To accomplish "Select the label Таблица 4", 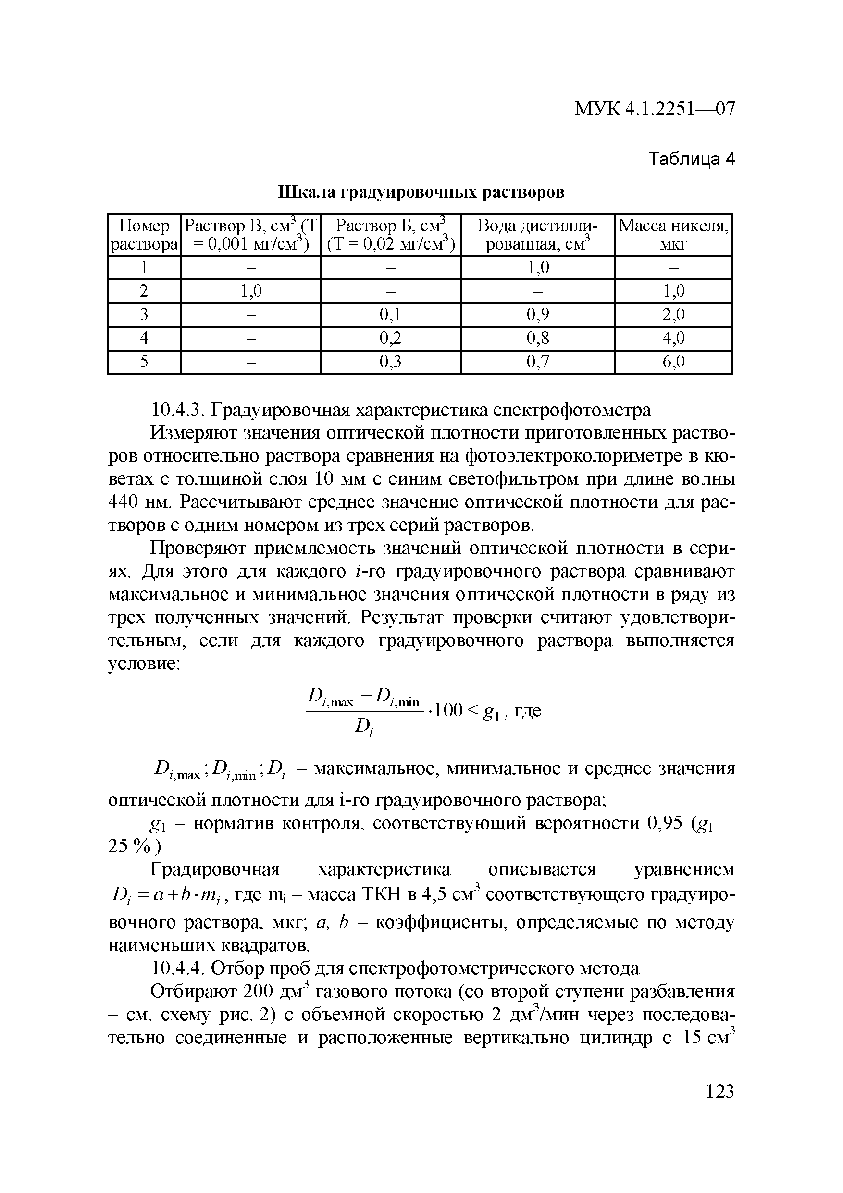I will pyautogui.click(x=692, y=159).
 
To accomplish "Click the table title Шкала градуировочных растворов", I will pyautogui.click(x=421, y=192).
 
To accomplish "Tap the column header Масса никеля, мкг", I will pyautogui.click(x=673, y=235).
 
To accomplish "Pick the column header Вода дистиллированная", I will pyautogui.click(x=538, y=235).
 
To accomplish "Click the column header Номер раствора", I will pyautogui.click(x=144, y=235).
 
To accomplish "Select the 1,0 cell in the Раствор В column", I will pyautogui.click(x=251, y=291).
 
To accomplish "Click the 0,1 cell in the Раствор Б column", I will pyautogui.click(x=391, y=314).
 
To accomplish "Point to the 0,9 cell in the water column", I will pyautogui.click(x=538, y=314).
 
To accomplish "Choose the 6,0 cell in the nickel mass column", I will pyautogui.click(x=673, y=362).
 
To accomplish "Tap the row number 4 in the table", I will pyautogui.click(x=144, y=338).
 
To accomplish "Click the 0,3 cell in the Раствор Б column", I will pyautogui.click(x=391, y=362).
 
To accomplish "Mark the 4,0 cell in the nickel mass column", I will pyautogui.click(x=673, y=338).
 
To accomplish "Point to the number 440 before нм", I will pyautogui.click(x=123, y=502).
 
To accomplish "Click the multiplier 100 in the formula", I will pyautogui.click(x=448, y=710).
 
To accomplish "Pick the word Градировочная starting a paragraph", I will pyautogui.click(x=214, y=869).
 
